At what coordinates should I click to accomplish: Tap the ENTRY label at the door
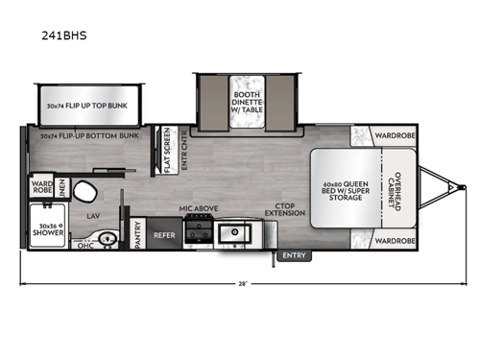click(x=294, y=255)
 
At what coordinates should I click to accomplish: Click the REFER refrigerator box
click(x=164, y=233)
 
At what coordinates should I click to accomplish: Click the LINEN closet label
click(x=60, y=182)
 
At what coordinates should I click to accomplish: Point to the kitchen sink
click(x=233, y=231)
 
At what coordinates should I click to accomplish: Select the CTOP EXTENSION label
click(x=286, y=209)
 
